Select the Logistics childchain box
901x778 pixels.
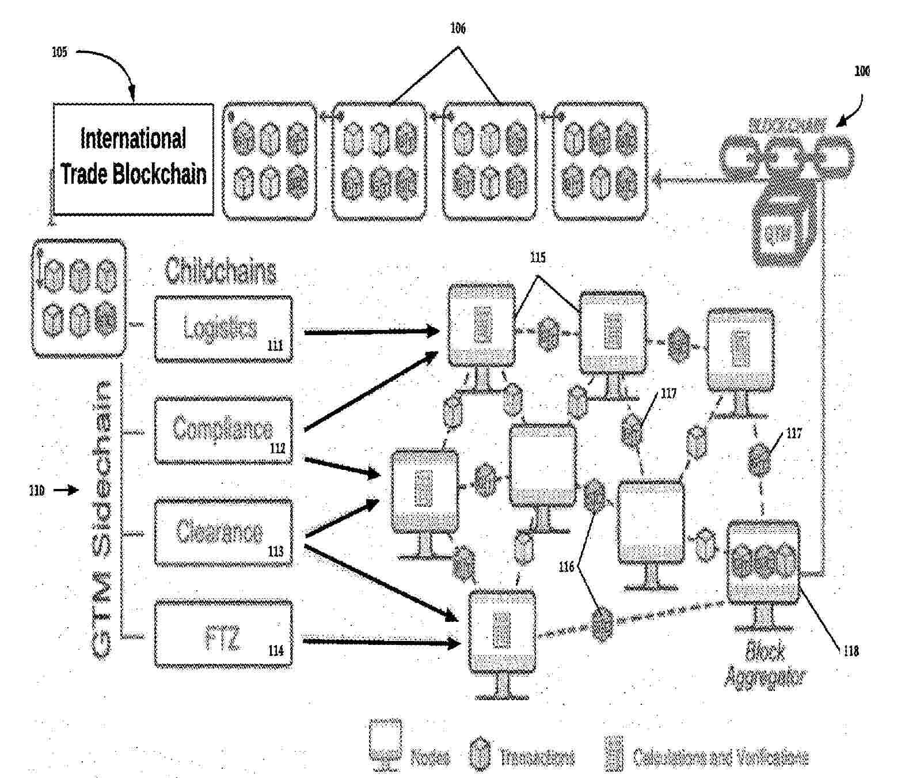coord(223,329)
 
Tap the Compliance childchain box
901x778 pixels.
coord(223,430)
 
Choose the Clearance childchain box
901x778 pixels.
coord(223,533)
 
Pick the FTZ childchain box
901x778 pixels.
coord(223,635)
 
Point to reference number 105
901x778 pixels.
coord(59,52)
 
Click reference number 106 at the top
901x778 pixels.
coord(458,28)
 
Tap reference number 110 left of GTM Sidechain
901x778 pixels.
coord(36,491)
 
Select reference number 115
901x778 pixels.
coord(537,257)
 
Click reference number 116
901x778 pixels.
coord(567,567)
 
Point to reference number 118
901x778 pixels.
coord(851,651)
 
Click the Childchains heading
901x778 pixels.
coord(221,271)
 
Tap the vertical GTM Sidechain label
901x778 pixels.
coord(102,518)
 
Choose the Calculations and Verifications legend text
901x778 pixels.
coord(720,757)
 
